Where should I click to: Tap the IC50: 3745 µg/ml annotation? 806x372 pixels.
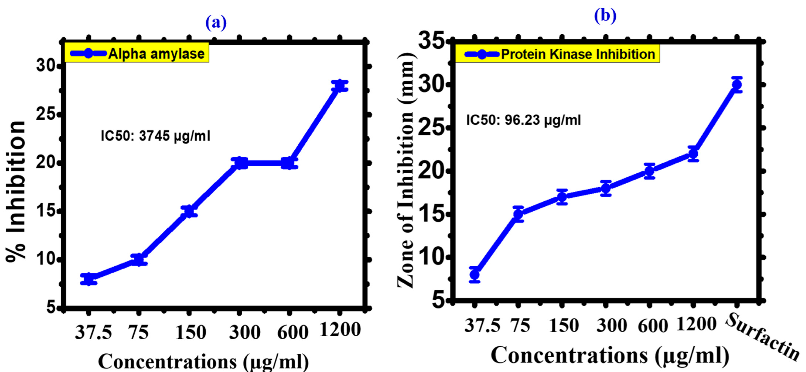click(156, 136)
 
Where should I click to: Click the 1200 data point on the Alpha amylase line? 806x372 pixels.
click(339, 86)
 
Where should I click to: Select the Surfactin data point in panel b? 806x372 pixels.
click(737, 85)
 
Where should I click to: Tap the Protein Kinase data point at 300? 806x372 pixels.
click(606, 188)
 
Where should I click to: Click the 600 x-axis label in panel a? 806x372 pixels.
click(293, 332)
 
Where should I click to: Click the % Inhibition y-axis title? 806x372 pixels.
click(16, 191)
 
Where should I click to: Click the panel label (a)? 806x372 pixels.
click(216, 23)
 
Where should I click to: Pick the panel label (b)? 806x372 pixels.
click(605, 15)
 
